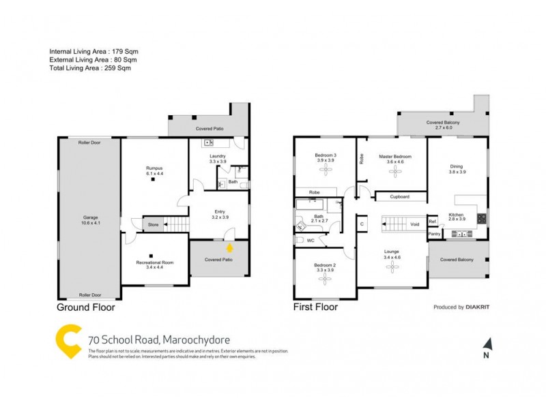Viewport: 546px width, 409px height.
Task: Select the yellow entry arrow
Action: pyautogui.click(x=229, y=249)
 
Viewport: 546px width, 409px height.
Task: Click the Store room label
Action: pyautogui.click(x=153, y=224)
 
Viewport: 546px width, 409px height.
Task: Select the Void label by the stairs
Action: pyautogui.click(x=414, y=224)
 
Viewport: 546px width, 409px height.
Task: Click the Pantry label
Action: pyautogui.click(x=434, y=234)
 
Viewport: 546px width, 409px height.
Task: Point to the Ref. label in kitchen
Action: pyautogui.click(x=433, y=222)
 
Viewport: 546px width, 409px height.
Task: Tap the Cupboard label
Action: pyautogui.click(x=399, y=197)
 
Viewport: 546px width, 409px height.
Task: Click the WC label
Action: pyautogui.click(x=311, y=241)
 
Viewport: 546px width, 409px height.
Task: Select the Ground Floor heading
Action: pyautogui.click(x=85, y=307)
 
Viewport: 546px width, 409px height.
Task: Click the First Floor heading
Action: pyautogui.click(x=315, y=307)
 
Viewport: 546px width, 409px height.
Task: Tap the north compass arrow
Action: pyautogui.click(x=487, y=345)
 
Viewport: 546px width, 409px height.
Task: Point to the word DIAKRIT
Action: pyautogui.click(x=481, y=307)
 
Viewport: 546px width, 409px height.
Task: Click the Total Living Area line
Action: pyautogui.click(x=90, y=67)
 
